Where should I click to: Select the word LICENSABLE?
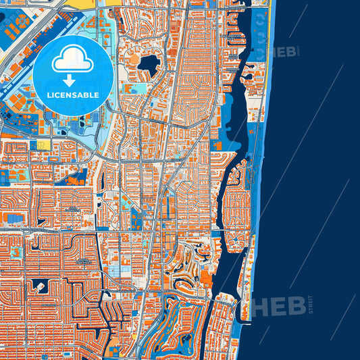tap(73, 96)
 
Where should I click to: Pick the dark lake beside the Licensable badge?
tap(149, 64)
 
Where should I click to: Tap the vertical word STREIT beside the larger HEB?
tap(310, 303)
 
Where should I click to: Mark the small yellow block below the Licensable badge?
tap(43, 145)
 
